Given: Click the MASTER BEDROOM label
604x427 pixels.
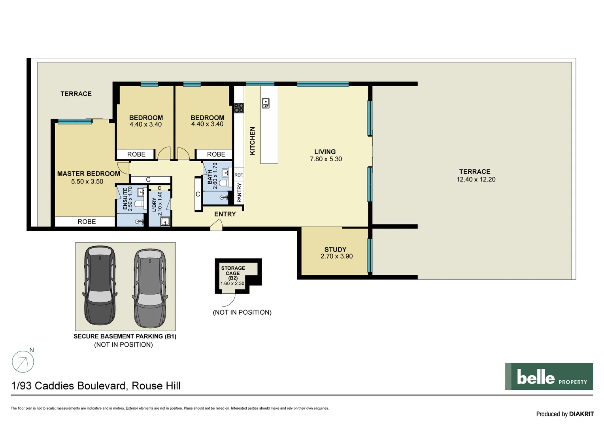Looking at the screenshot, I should [x=89, y=174].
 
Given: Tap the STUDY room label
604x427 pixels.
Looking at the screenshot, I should [x=335, y=249].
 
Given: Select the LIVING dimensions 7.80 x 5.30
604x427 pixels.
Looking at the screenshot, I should [x=326, y=159].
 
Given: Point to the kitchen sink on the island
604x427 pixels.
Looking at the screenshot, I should [x=266, y=104].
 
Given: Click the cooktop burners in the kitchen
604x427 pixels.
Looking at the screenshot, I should [x=239, y=108].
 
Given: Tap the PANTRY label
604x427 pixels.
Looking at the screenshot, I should [x=239, y=193].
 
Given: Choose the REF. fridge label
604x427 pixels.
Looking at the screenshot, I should [x=239, y=175].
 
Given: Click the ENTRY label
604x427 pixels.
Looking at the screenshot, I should [x=225, y=214].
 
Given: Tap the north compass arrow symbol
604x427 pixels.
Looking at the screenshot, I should [x=23, y=361].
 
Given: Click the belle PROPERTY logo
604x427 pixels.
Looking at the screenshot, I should [x=549, y=377].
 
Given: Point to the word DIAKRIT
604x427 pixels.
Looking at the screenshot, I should [x=581, y=414].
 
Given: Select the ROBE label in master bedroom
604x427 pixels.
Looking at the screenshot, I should [x=87, y=222].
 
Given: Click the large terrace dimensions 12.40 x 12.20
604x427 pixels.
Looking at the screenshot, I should [x=476, y=179].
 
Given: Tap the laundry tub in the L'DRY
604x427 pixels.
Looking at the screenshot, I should [x=165, y=221].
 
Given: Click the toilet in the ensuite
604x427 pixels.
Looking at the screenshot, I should [x=138, y=204].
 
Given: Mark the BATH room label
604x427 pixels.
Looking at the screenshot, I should [x=210, y=177].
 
